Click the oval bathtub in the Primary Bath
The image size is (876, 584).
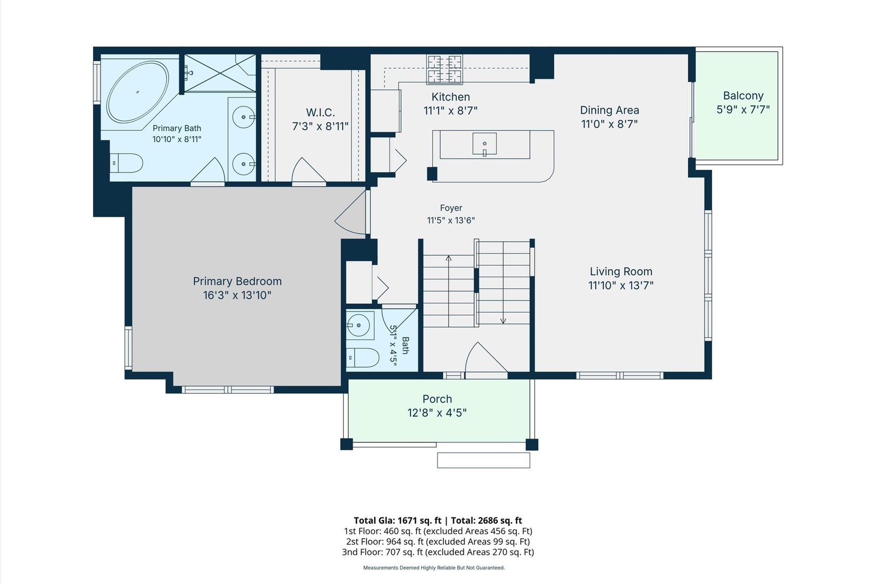(138, 92)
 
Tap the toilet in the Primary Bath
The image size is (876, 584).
(126, 163)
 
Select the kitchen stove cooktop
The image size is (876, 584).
(444, 70)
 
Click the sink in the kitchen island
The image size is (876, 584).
(485, 144)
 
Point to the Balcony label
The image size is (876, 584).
(743, 96)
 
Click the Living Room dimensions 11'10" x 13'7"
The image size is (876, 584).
(621, 286)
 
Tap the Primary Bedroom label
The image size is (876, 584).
(237, 281)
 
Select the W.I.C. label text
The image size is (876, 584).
(320, 112)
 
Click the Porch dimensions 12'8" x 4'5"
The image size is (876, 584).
(437, 413)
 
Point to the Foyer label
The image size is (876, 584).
(451, 208)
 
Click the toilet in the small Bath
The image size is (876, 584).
(362, 358)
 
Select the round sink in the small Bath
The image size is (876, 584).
(359, 324)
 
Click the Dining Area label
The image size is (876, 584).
(609, 110)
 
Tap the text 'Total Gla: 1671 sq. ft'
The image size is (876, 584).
(397, 521)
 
